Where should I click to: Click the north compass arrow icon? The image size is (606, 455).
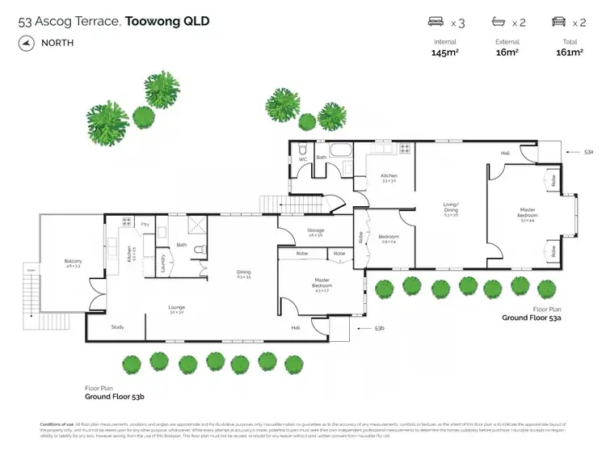[26, 43]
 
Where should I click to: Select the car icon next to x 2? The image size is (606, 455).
[558, 23]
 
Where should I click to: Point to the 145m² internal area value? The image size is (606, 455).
[445, 53]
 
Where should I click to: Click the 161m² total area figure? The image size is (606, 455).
[569, 53]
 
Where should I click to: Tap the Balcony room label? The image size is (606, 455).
[74, 260]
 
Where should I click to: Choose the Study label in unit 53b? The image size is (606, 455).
[118, 327]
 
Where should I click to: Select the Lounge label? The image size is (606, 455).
[177, 307]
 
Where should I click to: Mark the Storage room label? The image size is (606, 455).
[315, 231]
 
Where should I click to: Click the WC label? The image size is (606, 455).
[303, 158]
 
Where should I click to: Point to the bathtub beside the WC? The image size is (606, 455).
[340, 149]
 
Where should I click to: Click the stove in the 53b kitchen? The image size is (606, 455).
[127, 221]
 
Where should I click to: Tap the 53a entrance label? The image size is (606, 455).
[589, 151]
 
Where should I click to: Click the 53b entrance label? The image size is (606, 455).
[379, 328]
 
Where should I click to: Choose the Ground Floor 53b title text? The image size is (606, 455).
[114, 397]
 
